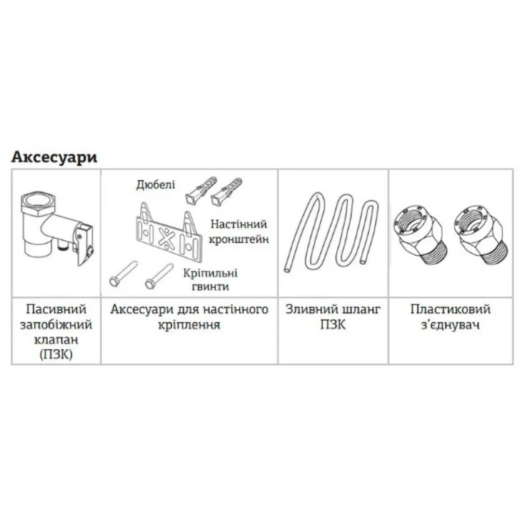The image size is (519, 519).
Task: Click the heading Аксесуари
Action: [x=54, y=158]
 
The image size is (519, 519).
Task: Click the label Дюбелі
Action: [x=156, y=185]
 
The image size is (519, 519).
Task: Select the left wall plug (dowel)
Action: [x=200, y=192]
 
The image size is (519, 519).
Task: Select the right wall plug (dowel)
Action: [x=226, y=192]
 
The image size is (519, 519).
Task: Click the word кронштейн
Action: [x=239, y=239]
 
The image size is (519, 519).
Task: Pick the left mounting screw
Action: [x=123, y=274]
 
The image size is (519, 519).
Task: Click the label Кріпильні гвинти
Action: [x=211, y=280]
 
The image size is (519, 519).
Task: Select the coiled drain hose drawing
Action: [x=331, y=231]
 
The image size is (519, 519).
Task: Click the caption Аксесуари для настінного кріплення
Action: [x=189, y=317]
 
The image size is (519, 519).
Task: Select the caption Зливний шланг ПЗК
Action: [x=333, y=317]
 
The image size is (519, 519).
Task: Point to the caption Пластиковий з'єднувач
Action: [x=450, y=317]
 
